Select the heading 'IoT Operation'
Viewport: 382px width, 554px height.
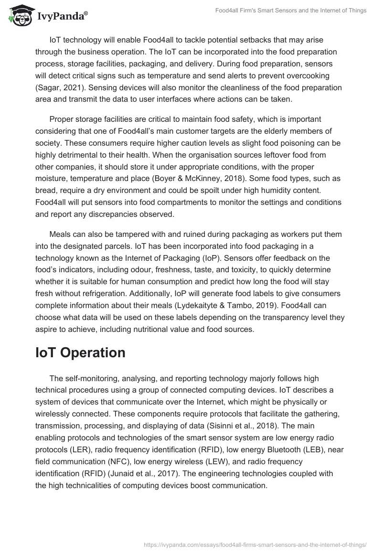pos(80,352)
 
